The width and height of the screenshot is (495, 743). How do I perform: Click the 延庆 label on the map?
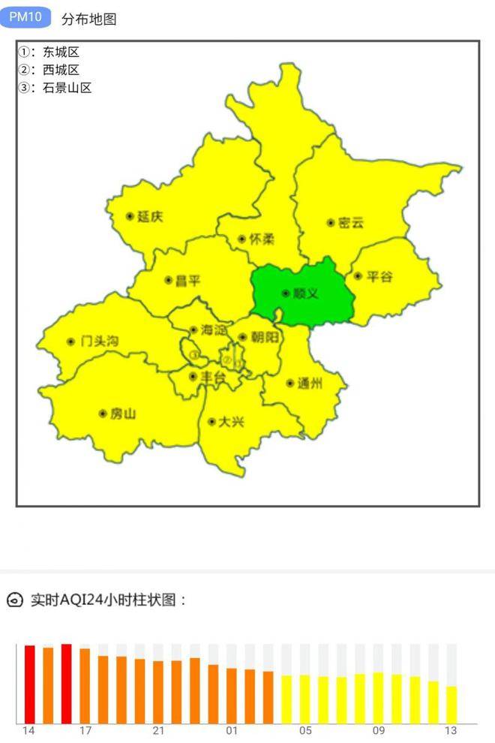pos(149,217)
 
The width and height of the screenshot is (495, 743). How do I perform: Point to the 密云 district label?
pos(349,223)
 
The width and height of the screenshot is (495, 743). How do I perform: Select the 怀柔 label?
pos(261,239)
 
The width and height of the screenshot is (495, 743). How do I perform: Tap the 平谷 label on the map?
pos(379,277)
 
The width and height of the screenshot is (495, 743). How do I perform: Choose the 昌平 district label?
pos(187,281)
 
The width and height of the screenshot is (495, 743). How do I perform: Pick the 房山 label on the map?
pos(122,414)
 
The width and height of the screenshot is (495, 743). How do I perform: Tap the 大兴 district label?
pos(230,422)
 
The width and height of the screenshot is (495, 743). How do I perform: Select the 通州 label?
pos(309,384)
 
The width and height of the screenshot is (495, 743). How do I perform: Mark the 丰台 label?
pos(212,377)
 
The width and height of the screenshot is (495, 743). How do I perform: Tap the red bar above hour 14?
pos(30,683)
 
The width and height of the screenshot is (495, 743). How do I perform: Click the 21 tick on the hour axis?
pos(158,731)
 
